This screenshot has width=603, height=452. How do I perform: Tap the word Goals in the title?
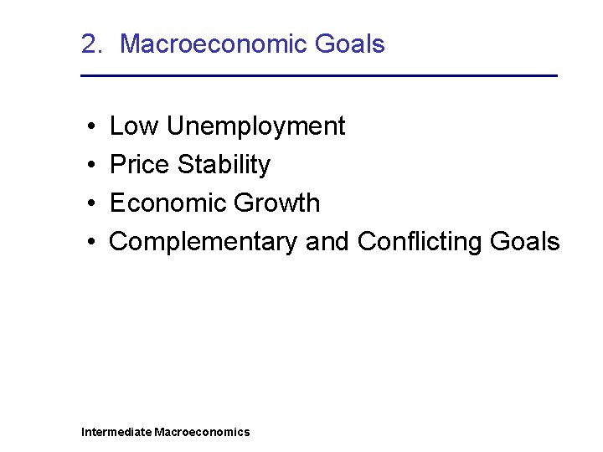[352, 44]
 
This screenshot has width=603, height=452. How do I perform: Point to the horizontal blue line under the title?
[318, 76]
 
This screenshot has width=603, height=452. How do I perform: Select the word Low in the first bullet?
[135, 126]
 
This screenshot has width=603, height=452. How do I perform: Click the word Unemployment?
[255, 127]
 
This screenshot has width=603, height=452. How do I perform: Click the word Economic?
[168, 203]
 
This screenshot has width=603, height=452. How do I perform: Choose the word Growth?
[277, 203]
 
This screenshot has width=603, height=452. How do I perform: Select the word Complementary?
[204, 242]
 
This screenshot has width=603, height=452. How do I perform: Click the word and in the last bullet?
[327, 242]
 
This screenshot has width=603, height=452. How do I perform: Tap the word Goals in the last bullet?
[524, 242]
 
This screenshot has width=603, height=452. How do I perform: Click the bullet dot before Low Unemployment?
[89, 127]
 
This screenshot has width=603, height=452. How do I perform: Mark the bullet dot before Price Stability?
[89, 166]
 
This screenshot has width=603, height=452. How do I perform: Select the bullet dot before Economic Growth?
[89, 204]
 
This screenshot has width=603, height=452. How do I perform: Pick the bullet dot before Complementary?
[89, 243]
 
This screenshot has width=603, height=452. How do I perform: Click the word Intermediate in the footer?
[116, 432]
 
